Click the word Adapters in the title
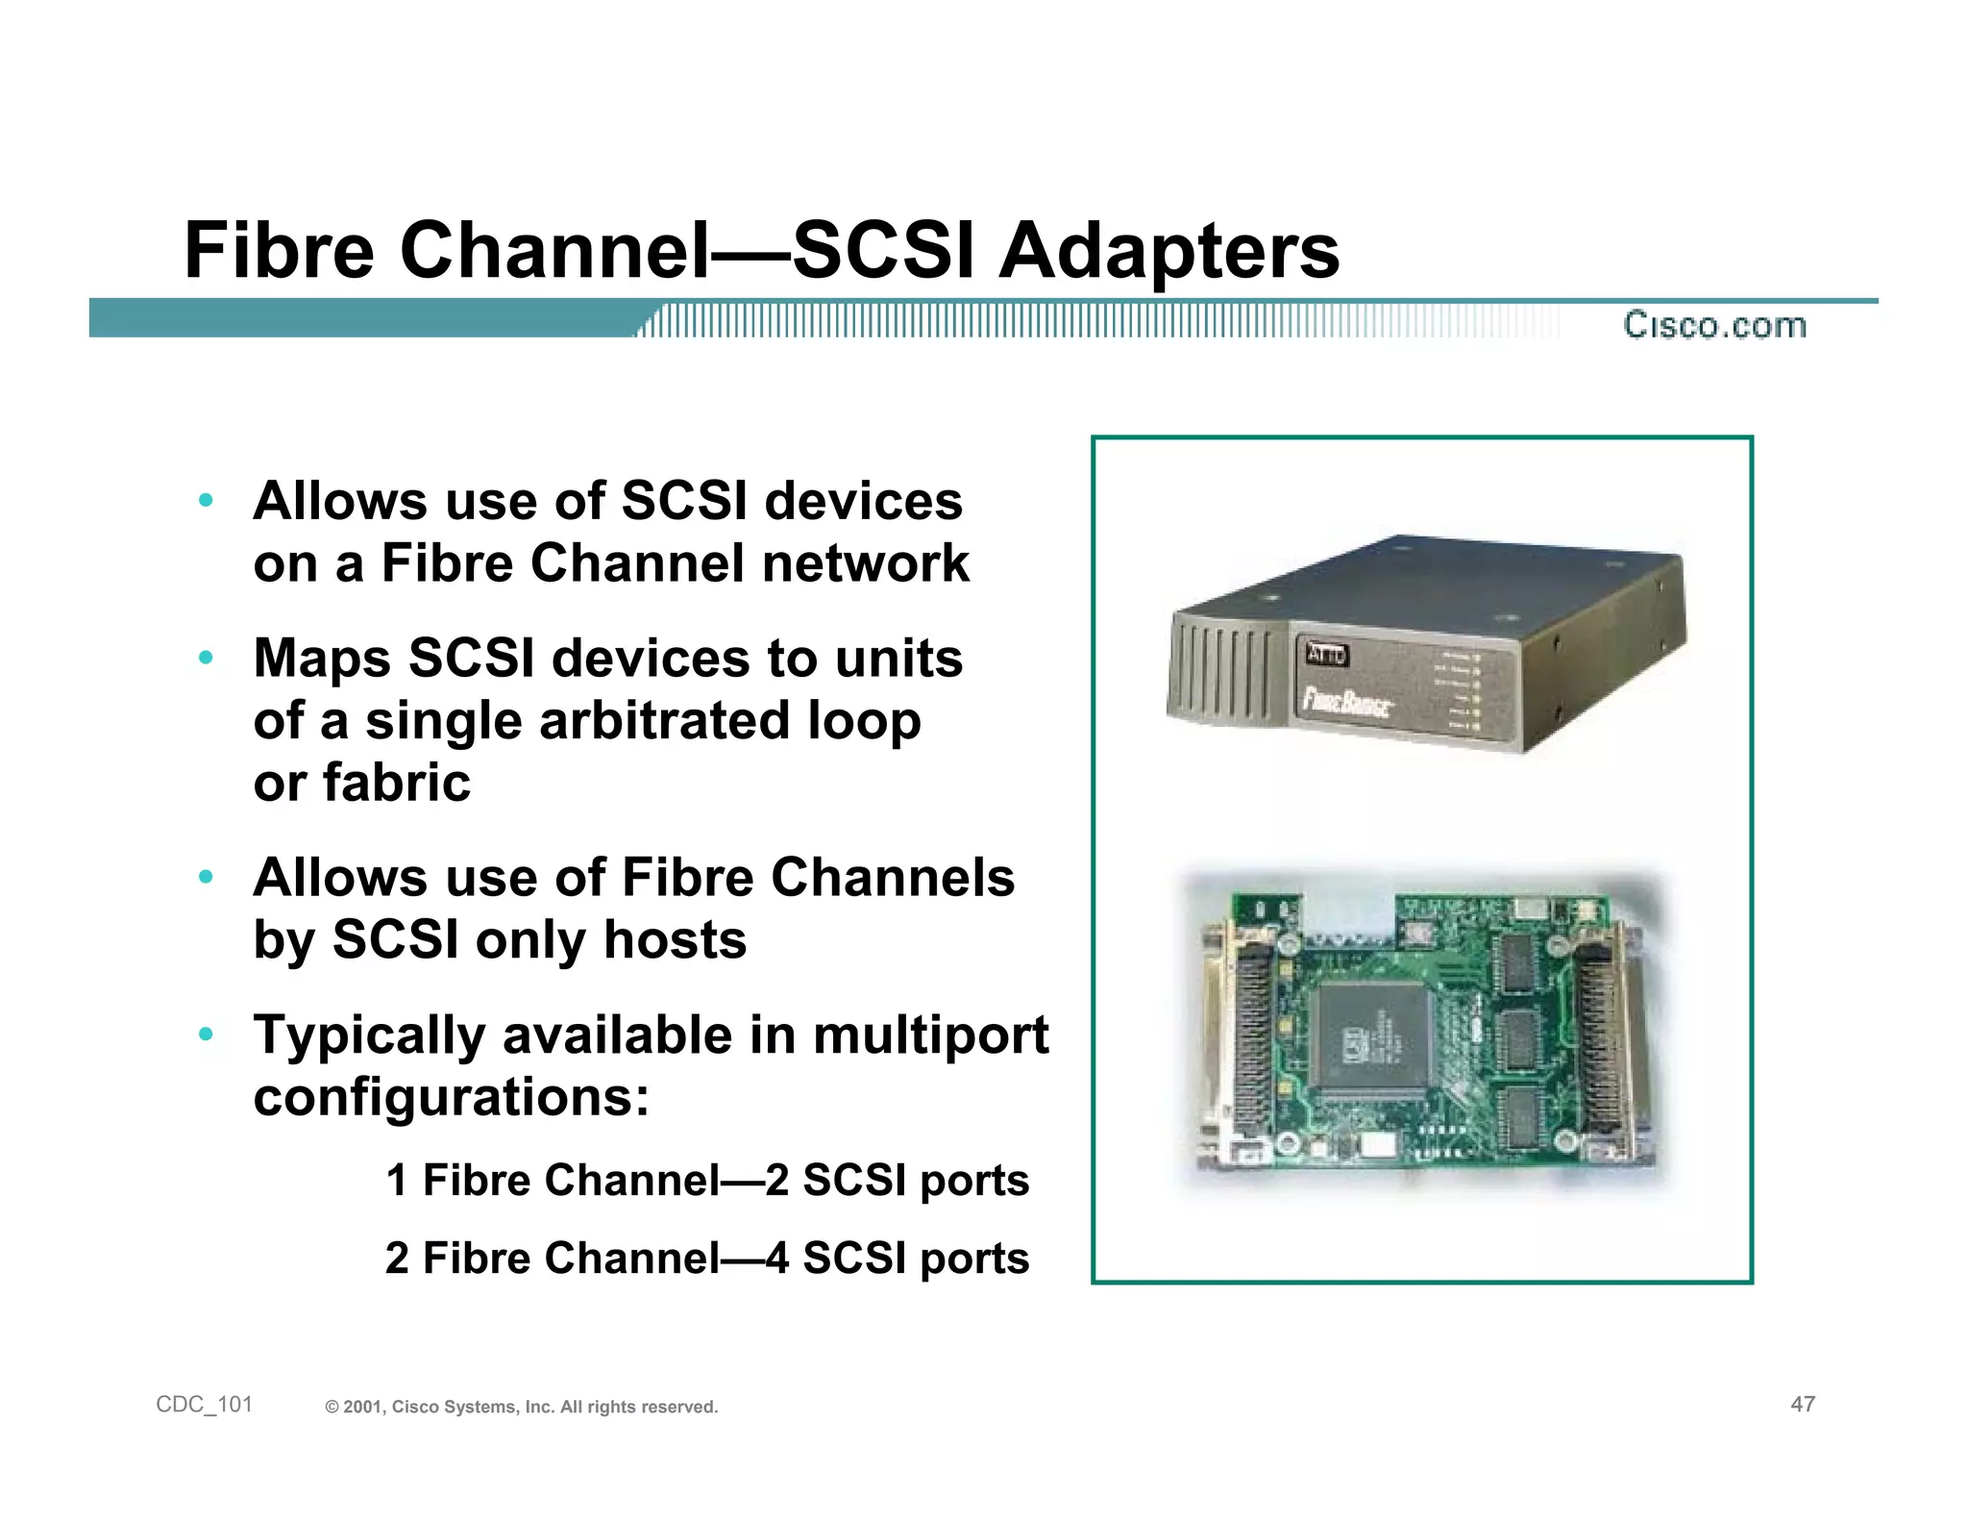tap(1168, 252)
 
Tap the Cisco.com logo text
tap(1714, 325)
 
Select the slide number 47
tap(1803, 1405)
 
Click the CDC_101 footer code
tap(204, 1405)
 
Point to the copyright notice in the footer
tap(522, 1407)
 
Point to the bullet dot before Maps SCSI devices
tap(205, 659)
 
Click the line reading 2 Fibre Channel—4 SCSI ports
tap(706, 1258)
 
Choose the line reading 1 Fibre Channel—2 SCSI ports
tap(706, 1180)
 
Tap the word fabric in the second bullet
tap(396, 783)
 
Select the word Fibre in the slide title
tap(279, 252)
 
